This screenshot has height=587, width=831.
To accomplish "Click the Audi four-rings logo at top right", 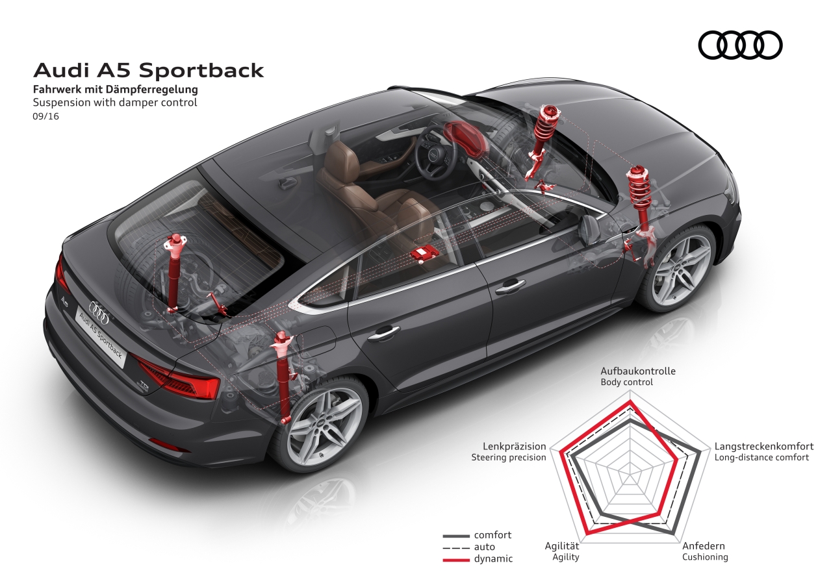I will click(740, 45).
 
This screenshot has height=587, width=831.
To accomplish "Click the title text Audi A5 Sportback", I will click(148, 70).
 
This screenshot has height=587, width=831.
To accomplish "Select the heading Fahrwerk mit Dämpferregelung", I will click(116, 90).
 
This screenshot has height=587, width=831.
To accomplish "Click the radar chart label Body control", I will click(626, 382).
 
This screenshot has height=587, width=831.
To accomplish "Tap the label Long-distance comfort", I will click(761, 457).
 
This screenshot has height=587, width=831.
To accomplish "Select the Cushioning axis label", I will click(704, 557).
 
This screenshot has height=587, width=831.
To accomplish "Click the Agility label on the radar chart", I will click(565, 557).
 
